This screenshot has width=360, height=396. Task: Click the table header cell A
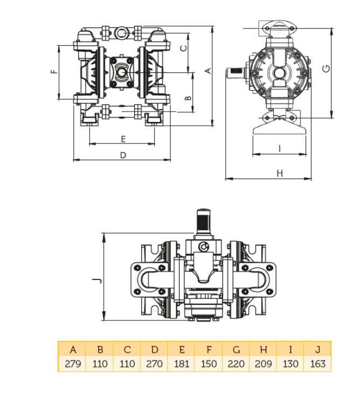(73, 350)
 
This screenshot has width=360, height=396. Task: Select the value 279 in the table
(73, 364)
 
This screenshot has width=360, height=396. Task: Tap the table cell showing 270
(154, 364)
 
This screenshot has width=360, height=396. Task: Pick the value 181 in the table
(182, 364)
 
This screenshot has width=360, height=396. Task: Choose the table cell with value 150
(209, 364)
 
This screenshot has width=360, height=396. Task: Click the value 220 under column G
(236, 364)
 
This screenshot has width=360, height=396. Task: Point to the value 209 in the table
(263, 364)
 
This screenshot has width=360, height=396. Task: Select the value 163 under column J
(317, 364)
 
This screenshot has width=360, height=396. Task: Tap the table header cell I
(290, 350)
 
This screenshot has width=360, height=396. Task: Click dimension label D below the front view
(123, 155)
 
